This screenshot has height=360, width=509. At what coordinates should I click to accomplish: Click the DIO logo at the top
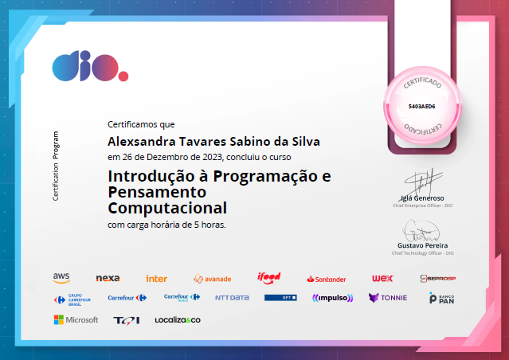[x=88, y=66]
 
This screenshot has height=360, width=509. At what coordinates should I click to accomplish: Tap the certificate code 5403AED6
[x=421, y=105]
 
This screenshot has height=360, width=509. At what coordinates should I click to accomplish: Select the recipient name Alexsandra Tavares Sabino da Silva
[x=213, y=141]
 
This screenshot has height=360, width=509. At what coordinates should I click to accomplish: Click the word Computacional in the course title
[x=166, y=208]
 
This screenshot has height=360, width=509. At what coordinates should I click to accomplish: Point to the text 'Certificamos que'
[x=141, y=124]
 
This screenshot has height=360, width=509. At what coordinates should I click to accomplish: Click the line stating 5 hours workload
[x=166, y=225]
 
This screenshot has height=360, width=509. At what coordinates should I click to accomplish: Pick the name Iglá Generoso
[x=421, y=198]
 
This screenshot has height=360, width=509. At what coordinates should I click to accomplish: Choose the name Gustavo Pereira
[x=422, y=245]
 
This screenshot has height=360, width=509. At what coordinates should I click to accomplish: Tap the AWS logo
[x=61, y=278]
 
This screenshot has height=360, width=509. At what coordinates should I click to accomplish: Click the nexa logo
[x=108, y=278]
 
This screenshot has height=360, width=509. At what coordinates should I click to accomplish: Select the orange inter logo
[x=156, y=279]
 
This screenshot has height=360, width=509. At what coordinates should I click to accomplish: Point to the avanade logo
[x=212, y=279]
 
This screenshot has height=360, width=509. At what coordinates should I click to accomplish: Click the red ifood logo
[x=268, y=277]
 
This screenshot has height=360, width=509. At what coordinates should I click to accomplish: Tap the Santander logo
[x=327, y=279]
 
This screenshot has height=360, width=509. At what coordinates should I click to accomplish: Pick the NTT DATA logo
[x=232, y=298]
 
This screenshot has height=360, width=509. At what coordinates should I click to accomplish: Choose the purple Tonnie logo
[x=387, y=298]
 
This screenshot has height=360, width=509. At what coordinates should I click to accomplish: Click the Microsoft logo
[x=76, y=319]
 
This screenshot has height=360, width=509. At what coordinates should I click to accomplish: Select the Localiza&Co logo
[x=178, y=319]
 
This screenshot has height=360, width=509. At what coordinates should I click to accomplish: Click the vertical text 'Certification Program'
[x=56, y=166]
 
